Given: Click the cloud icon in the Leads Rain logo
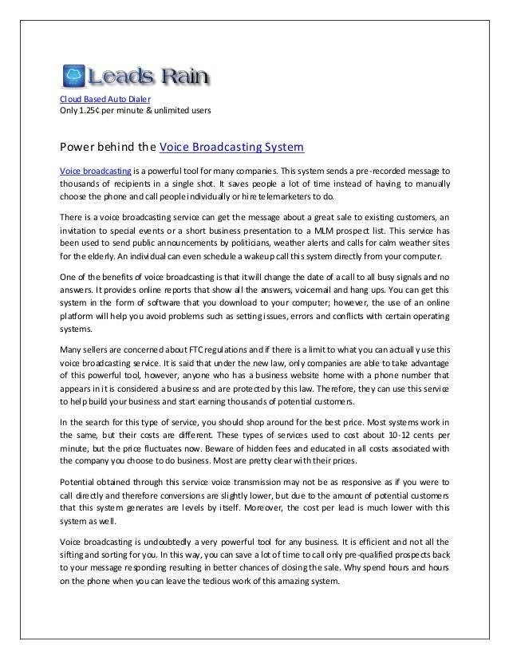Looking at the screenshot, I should (x=75, y=77).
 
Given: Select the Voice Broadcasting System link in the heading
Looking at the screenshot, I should (x=232, y=148).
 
